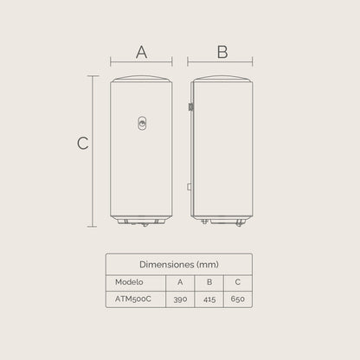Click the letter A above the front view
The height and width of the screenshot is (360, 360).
point(142,52)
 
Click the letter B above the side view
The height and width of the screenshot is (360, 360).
point(222,52)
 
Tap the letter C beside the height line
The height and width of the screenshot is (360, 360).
point(83,144)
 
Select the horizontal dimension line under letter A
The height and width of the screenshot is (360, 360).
point(142,62)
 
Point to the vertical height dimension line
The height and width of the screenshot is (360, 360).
point(93,151)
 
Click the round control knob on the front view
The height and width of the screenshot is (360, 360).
point(142,125)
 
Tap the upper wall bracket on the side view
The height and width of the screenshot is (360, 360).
point(190,108)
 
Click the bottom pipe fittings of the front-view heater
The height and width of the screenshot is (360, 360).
point(142,224)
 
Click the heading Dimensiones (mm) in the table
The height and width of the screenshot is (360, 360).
point(179,263)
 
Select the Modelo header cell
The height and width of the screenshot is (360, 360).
point(129,280)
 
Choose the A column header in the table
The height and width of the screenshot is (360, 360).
point(180,280)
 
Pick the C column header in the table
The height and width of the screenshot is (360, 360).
point(237,280)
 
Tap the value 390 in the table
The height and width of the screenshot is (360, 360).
point(180,298)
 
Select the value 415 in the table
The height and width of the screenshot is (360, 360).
point(209,298)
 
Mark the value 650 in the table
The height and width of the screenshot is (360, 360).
point(237,298)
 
